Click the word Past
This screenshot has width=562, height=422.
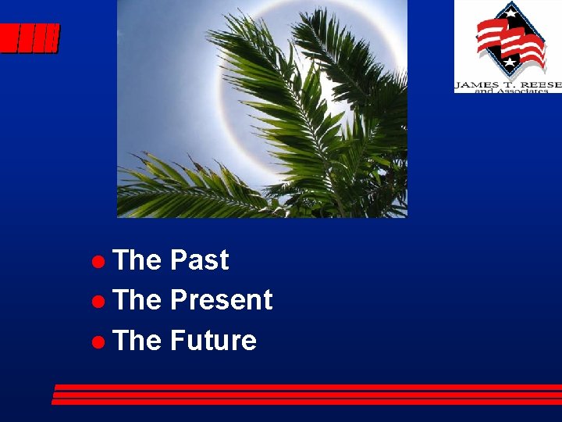point(199,260)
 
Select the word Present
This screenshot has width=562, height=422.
point(221,300)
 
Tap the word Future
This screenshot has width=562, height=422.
point(213,341)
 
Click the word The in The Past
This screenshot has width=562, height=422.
point(137,260)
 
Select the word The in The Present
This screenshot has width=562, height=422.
point(137,300)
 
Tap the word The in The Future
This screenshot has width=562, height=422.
point(137,341)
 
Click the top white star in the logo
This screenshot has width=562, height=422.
point(510,12)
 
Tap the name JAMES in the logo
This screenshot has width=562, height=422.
point(478,84)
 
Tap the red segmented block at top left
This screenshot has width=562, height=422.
point(29,38)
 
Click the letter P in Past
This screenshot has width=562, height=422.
point(178,260)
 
